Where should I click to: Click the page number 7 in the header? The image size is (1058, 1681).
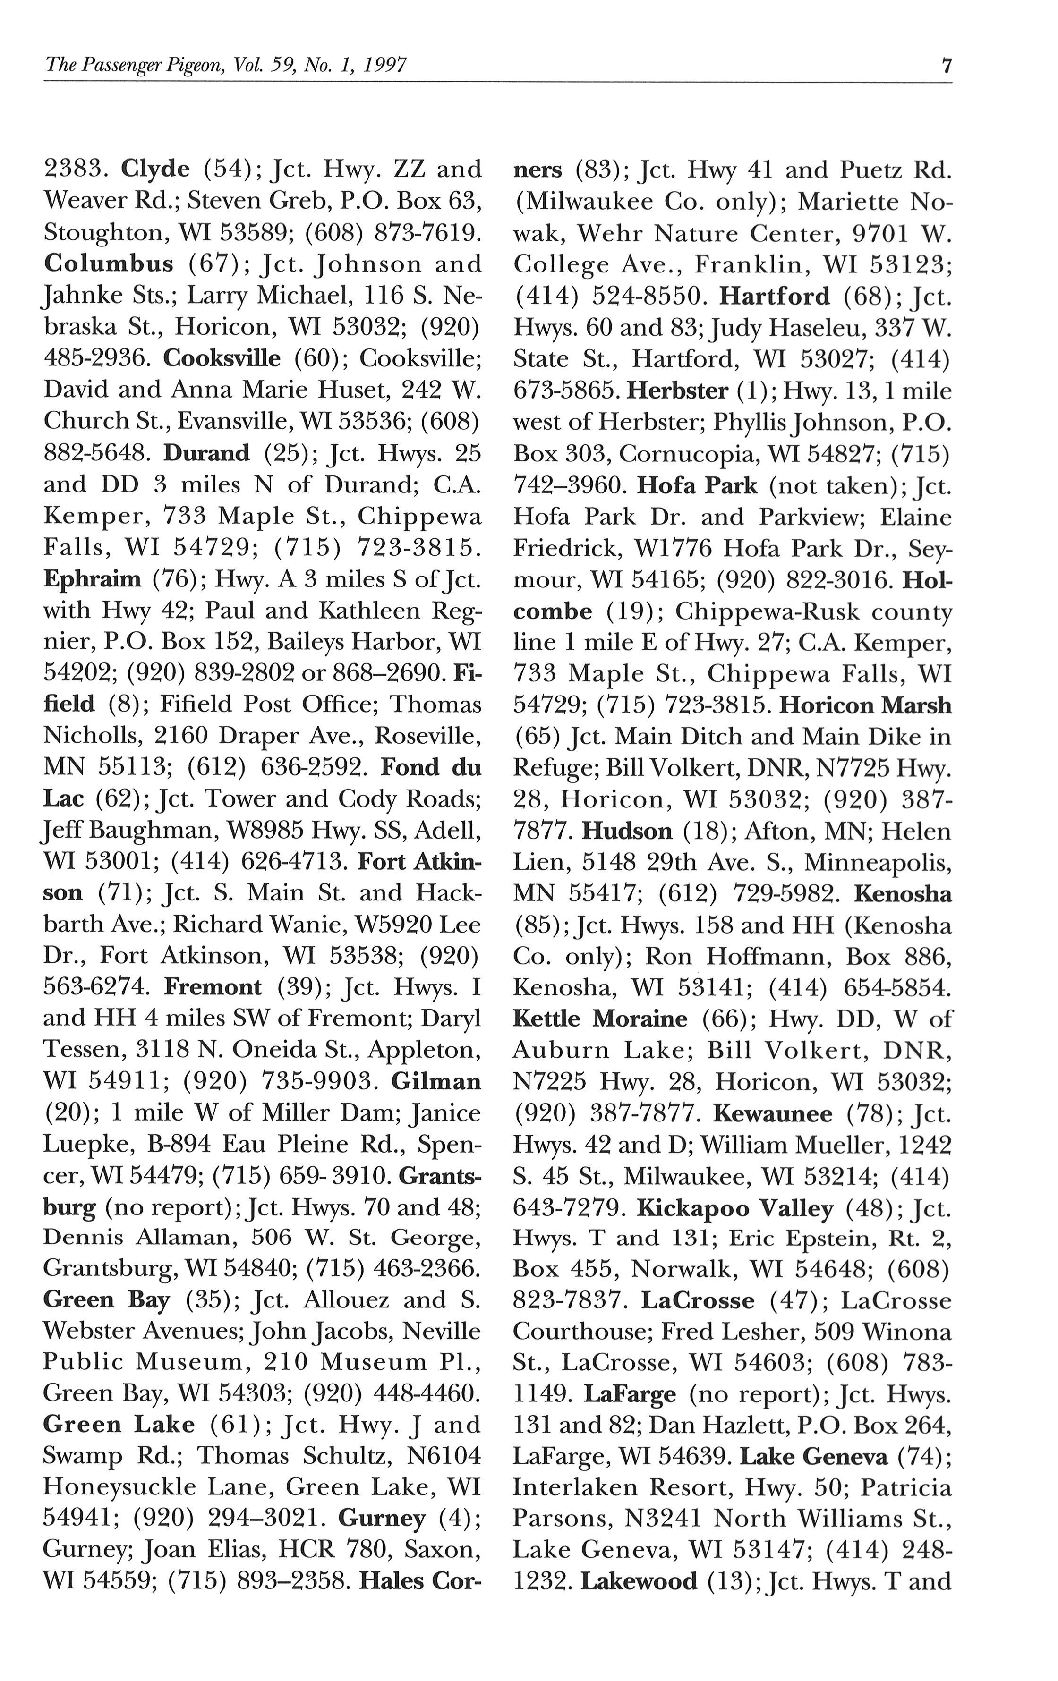point(946,66)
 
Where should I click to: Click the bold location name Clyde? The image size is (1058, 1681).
point(155,169)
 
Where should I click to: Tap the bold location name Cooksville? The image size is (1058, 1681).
point(222,358)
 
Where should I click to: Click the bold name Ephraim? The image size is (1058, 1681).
point(92,579)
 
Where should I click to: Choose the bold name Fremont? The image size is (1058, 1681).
point(213,987)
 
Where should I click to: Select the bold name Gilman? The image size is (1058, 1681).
point(436,1081)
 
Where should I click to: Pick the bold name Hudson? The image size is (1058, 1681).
point(626,831)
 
